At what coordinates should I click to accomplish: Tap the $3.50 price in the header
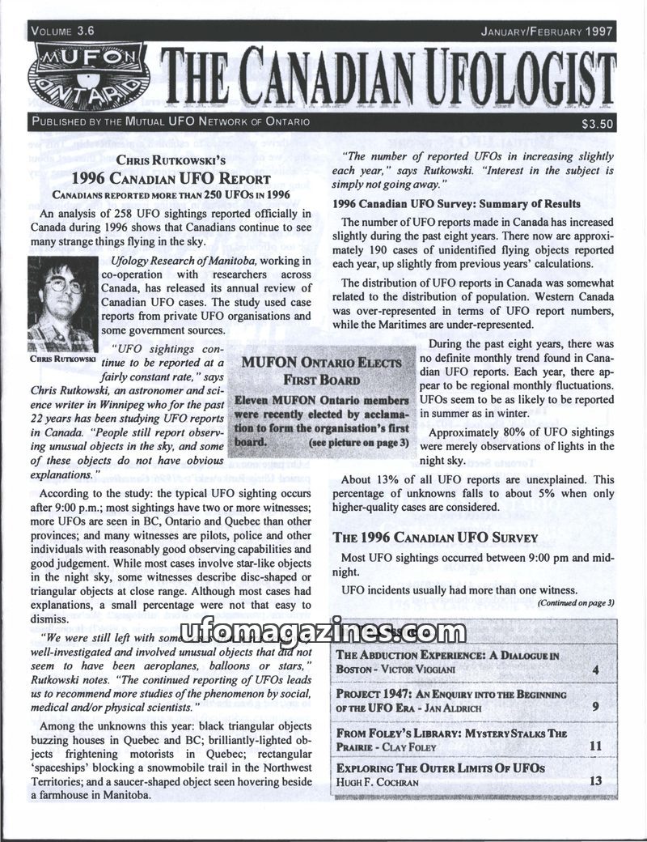pos(597,124)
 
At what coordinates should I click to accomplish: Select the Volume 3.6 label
pos(64,31)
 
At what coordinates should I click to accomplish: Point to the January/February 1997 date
pos(547,32)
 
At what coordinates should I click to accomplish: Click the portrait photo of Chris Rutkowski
pos(61,304)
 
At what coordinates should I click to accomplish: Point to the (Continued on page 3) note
pos(576,602)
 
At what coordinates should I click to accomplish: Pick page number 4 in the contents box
pos(594,670)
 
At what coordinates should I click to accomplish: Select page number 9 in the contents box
pos(594,706)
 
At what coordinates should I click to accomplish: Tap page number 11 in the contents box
pos(596,746)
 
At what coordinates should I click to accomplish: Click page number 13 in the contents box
pos(596,780)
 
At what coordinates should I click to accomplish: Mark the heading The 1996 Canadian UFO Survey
pos(436,538)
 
